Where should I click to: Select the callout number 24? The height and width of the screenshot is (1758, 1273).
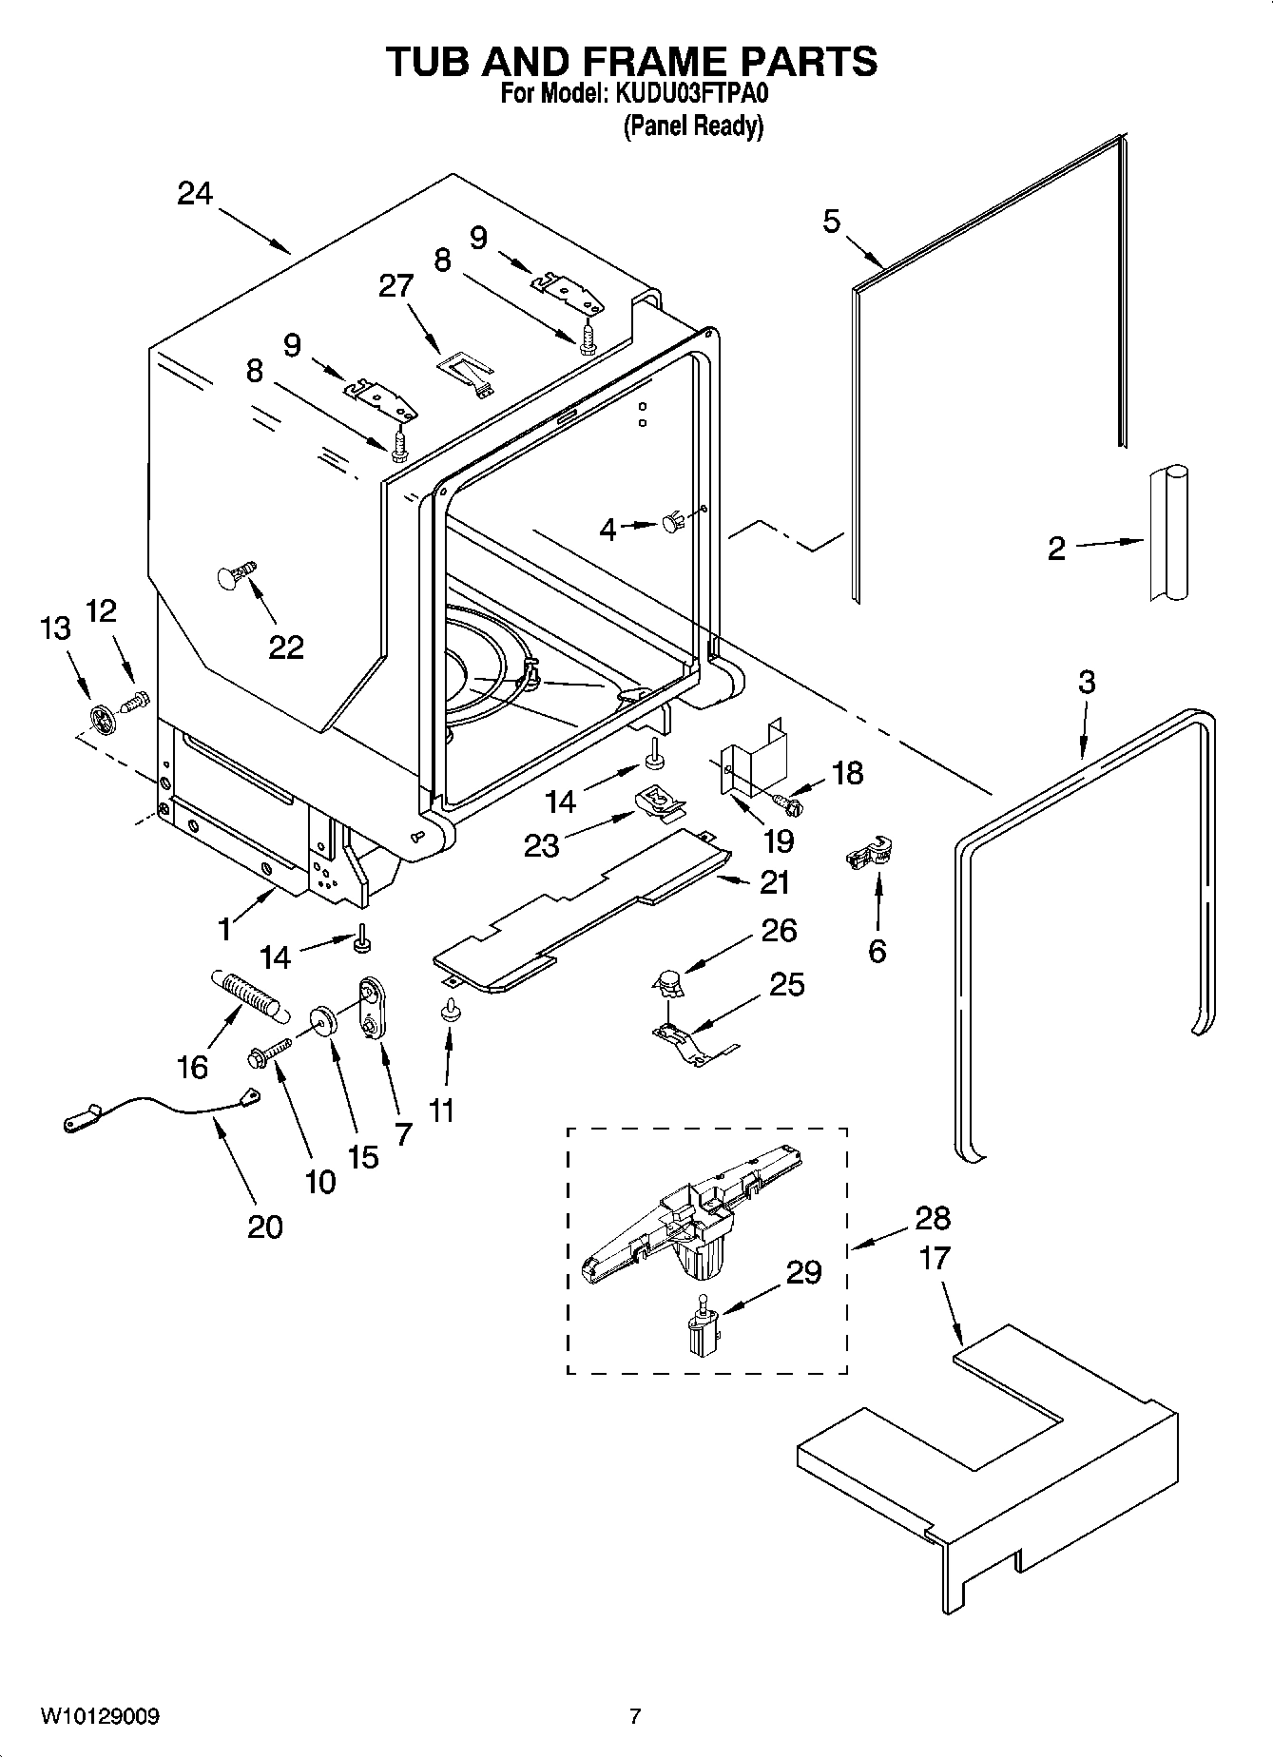coord(195,194)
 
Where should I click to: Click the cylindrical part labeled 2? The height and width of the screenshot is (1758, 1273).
coord(1168,532)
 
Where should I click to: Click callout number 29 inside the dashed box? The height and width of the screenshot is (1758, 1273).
coord(803,1272)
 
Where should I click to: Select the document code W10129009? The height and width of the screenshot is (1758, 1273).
coord(99,1716)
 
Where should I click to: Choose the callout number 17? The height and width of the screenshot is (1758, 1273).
coord(935,1258)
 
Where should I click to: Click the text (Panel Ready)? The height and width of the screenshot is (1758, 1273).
coord(693,126)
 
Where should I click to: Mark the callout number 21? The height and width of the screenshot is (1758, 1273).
coord(775,882)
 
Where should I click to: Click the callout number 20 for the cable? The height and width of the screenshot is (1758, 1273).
coord(264,1227)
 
